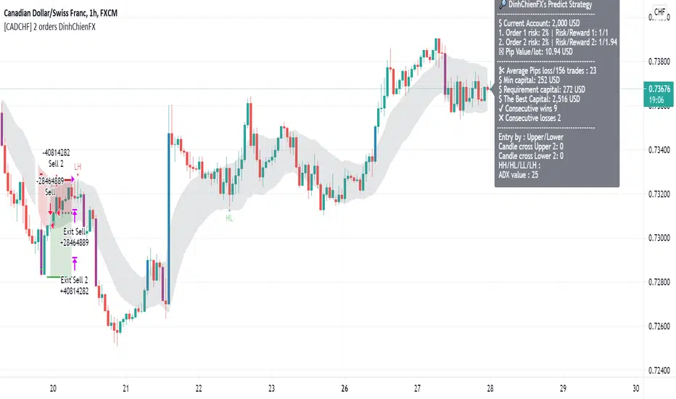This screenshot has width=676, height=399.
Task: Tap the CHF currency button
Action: [x=660, y=12]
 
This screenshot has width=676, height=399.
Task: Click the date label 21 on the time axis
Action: [x=126, y=388]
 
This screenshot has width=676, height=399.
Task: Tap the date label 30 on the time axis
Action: [x=636, y=388]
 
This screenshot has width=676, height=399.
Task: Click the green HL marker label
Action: [x=229, y=217]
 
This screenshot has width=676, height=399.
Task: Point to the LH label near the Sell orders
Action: [x=77, y=167]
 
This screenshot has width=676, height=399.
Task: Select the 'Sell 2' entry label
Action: [x=58, y=164]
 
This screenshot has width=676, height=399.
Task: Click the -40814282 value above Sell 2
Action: [x=56, y=153]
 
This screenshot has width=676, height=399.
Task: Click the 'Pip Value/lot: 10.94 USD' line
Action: [x=537, y=52]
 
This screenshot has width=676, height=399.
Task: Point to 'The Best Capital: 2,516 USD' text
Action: [x=540, y=99]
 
